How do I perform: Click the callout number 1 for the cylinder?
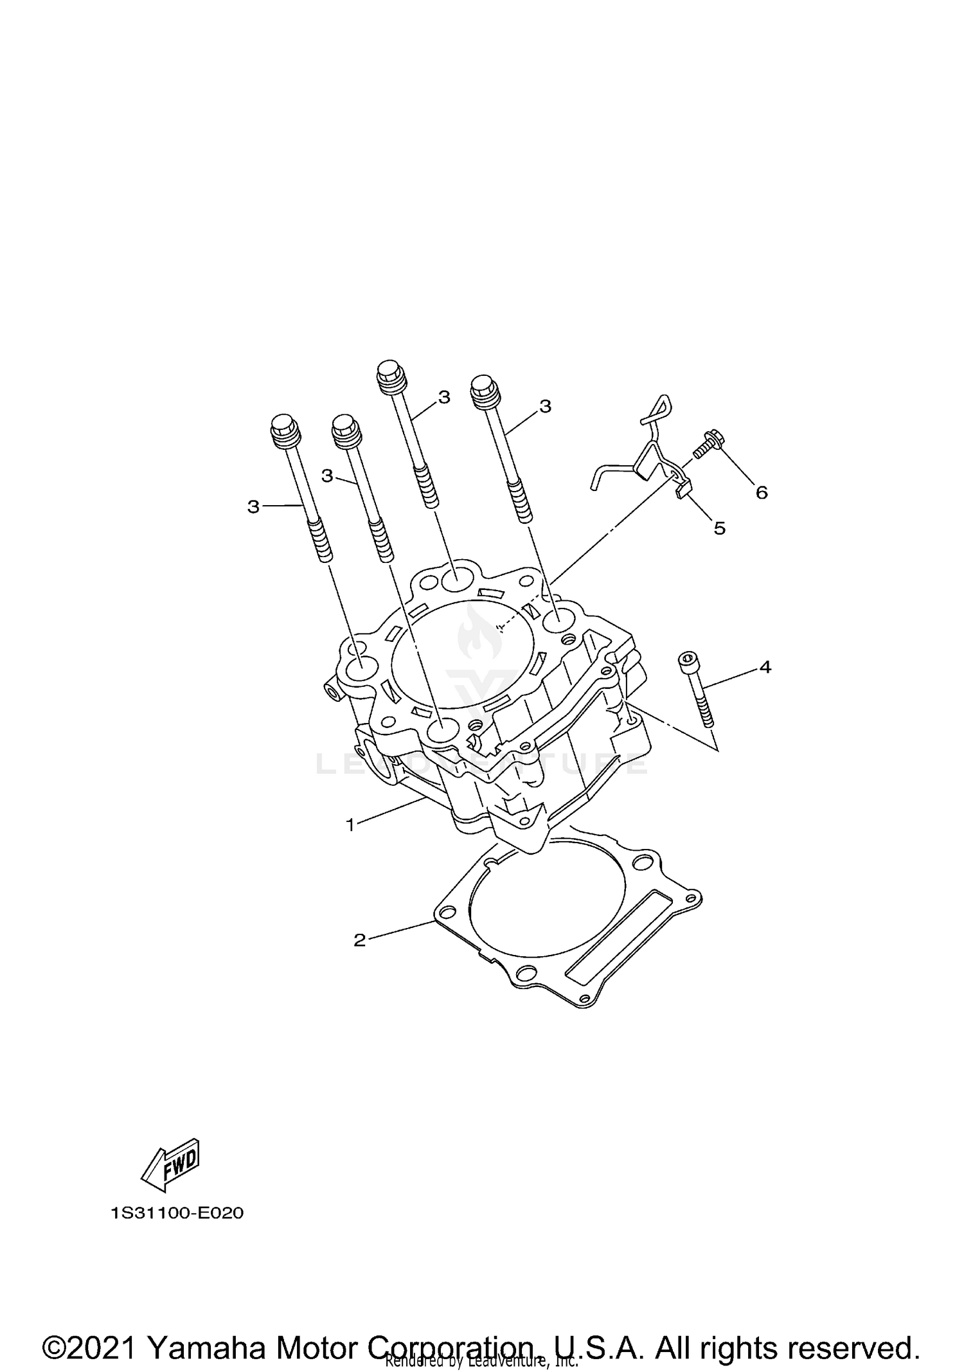click(350, 824)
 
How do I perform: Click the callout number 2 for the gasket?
click(359, 940)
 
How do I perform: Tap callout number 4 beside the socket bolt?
click(765, 667)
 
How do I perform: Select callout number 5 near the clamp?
click(720, 528)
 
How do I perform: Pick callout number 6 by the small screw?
click(762, 492)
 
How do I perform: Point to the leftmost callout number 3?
click(253, 507)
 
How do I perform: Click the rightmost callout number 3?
click(545, 406)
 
